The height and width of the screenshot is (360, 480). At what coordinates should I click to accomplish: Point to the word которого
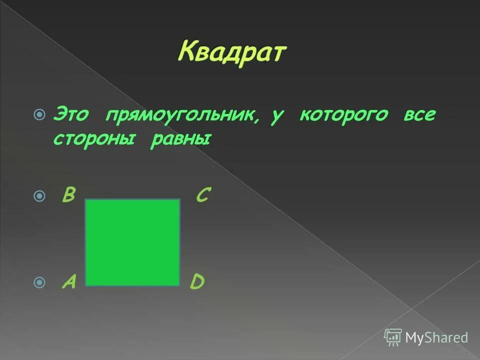pos(343,114)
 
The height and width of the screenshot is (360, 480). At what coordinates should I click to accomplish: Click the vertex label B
pos(68,195)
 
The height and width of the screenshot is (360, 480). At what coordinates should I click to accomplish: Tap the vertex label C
pos(202,195)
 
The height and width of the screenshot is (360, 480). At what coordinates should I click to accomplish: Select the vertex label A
pos(68,282)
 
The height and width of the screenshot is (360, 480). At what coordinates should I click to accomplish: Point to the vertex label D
pos(196,282)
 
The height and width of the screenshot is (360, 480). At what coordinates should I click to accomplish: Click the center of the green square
pos(132,242)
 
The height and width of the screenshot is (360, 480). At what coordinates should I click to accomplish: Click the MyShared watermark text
pos(436,337)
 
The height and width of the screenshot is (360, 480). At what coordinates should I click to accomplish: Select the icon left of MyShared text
pos(393,337)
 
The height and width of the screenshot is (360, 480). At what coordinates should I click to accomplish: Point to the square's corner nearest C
pos(179,200)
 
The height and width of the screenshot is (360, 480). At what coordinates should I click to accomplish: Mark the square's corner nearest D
pos(179,285)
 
